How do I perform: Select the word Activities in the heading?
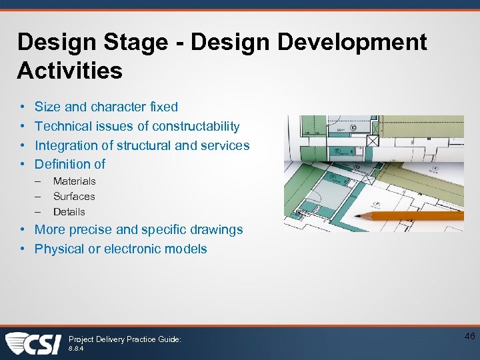(70, 70)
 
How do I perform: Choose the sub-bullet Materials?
(74, 181)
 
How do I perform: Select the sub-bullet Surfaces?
(74, 197)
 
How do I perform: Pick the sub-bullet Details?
(69, 212)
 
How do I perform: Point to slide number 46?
(468, 337)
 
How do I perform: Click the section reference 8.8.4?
(76, 349)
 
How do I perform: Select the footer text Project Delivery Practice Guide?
(125, 339)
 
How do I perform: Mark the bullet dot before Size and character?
(21, 107)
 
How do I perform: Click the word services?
(225, 145)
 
